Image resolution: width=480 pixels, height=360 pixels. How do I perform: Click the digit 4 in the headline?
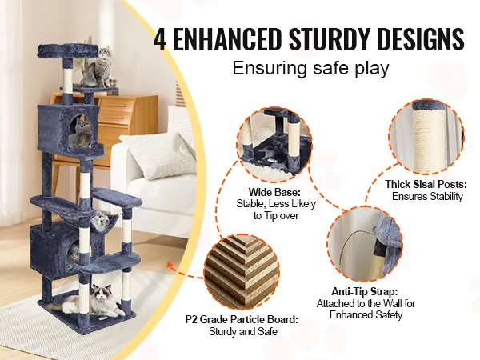pyautogui.click(x=160, y=39)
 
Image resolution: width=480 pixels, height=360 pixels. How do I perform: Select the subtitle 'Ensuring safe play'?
pyautogui.click(x=310, y=68)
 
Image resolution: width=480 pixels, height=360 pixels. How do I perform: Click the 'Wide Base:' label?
pyautogui.click(x=274, y=192)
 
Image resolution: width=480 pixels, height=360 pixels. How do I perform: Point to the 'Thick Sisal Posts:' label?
pyautogui.click(x=426, y=184)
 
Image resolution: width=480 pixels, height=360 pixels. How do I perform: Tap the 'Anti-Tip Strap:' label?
pyautogui.click(x=365, y=291)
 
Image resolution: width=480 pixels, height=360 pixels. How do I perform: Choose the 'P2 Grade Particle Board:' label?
pyautogui.click(x=242, y=319)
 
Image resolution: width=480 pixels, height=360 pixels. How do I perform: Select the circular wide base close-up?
pyautogui.click(x=274, y=142)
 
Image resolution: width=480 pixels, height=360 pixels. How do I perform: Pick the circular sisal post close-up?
pyautogui.click(x=426, y=137)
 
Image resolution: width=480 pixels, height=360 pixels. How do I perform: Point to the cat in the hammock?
pyautogui.click(x=101, y=220)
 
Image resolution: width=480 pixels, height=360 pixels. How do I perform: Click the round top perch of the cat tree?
pyautogui.click(x=68, y=51)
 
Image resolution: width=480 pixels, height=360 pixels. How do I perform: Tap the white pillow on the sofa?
pyautogui.click(x=157, y=155)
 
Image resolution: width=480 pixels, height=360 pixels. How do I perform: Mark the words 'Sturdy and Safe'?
pyautogui.click(x=243, y=331)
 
